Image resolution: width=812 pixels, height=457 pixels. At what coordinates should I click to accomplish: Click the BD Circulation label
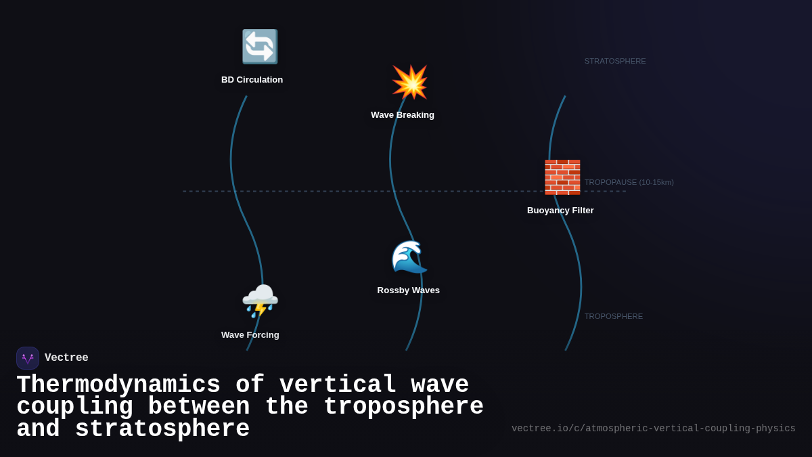click(252, 80)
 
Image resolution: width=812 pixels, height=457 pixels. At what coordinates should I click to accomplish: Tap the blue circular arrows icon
click(260, 47)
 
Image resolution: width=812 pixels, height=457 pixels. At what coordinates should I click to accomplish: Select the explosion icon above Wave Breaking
click(409, 82)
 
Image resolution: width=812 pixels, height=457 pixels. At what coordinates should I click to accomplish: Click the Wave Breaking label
click(403, 115)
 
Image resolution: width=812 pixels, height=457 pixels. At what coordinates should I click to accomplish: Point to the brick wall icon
click(562, 177)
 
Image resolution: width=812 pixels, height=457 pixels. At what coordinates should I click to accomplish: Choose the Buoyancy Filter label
click(560, 211)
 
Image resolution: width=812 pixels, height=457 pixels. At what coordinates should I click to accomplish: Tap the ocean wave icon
click(409, 257)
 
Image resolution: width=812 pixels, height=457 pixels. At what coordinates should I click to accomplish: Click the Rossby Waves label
click(408, 290)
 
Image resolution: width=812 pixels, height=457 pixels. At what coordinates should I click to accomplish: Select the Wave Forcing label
click(250, 335)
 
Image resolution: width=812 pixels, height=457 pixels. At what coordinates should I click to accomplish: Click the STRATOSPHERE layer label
click(615, 61)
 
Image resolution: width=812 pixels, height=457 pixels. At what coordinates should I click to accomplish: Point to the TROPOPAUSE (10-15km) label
click(629, 182)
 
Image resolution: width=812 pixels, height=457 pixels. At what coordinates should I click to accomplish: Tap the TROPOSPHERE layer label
click(613, 316)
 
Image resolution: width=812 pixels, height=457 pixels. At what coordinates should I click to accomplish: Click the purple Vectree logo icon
click(28, 358)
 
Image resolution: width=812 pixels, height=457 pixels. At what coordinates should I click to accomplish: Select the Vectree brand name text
click(66, 358)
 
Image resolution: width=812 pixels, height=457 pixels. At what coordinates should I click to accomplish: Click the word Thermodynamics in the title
click(118, 385)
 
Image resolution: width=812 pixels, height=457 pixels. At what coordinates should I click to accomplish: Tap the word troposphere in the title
click(403, 407)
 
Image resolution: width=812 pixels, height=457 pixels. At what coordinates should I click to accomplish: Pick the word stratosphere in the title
click(162, 429)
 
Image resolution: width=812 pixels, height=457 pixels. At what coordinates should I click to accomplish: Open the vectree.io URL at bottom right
click(653, 429)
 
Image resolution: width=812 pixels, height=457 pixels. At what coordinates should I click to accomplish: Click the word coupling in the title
click(74, 407)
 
